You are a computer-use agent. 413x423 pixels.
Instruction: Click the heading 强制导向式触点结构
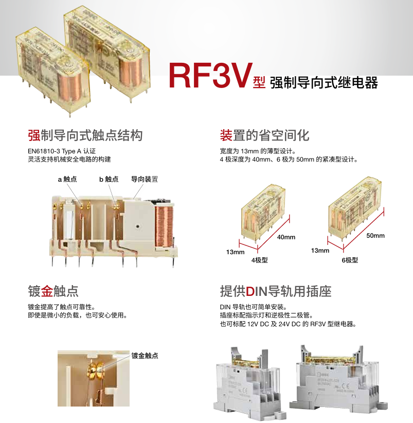[85, 135]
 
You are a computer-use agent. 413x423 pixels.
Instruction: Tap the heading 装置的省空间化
[264, 135]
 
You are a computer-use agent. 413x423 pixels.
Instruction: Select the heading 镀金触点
[53, 292]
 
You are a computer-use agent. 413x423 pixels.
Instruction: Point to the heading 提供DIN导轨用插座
[276, 292]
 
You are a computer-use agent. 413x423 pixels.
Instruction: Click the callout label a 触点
[67, 180]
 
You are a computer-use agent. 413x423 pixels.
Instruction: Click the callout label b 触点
[109, 180]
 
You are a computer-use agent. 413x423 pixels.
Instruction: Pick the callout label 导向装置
[145, 180]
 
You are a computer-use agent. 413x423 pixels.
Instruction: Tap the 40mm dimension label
[286, 237]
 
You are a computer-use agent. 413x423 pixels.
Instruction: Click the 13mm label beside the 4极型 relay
[235, 252]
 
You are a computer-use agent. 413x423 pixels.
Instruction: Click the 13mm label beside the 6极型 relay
[320, 251]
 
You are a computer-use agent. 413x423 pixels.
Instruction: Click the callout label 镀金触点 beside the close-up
[145, 356]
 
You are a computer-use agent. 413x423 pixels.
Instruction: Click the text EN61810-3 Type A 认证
[62, 152]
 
